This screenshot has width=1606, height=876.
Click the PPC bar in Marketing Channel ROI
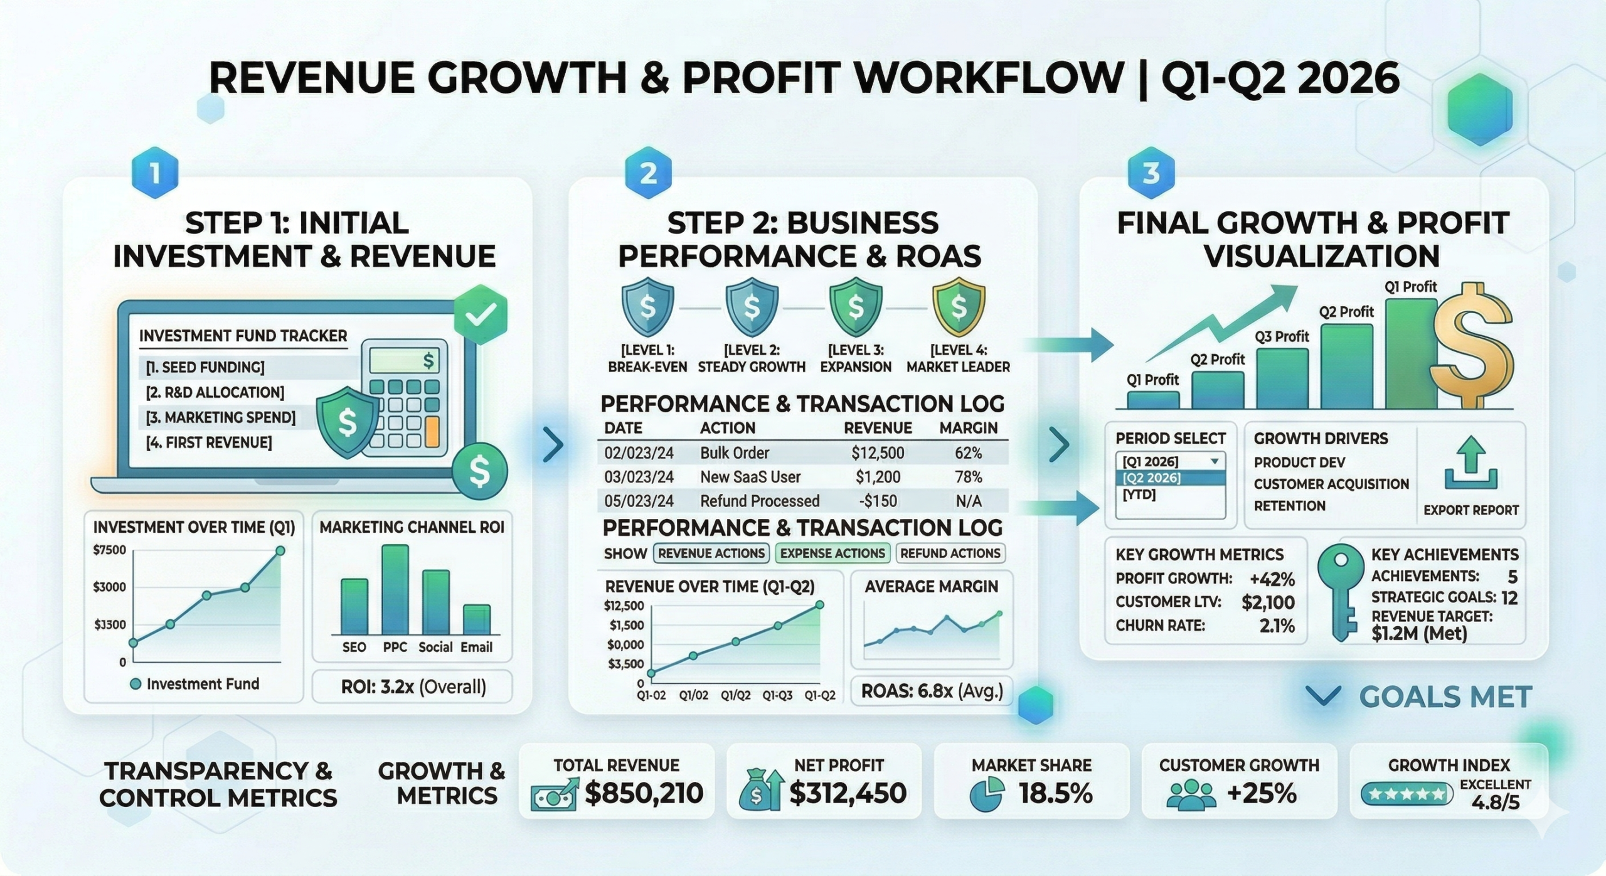[395, 589]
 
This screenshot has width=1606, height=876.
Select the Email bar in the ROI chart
[476, 619]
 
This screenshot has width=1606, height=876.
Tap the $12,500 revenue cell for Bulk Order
[877, 453]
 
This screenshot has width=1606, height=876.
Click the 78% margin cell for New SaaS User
[968, 477]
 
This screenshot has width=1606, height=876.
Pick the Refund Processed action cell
[759, 501]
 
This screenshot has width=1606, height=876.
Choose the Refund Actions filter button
[950, 553]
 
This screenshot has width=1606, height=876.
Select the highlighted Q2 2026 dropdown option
[1169, 478]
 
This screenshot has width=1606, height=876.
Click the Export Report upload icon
[1470, 464]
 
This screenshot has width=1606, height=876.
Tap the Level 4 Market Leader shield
[958, 308]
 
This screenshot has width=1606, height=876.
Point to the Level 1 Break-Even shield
[647, 308]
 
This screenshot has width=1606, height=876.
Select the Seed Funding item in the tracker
[205, 367]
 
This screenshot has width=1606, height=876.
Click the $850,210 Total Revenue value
[644, 793]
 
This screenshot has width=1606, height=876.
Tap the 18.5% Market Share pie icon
[986, 794]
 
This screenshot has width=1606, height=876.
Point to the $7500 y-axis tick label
[109, 550]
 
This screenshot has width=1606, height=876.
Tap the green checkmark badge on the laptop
[481, 313]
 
